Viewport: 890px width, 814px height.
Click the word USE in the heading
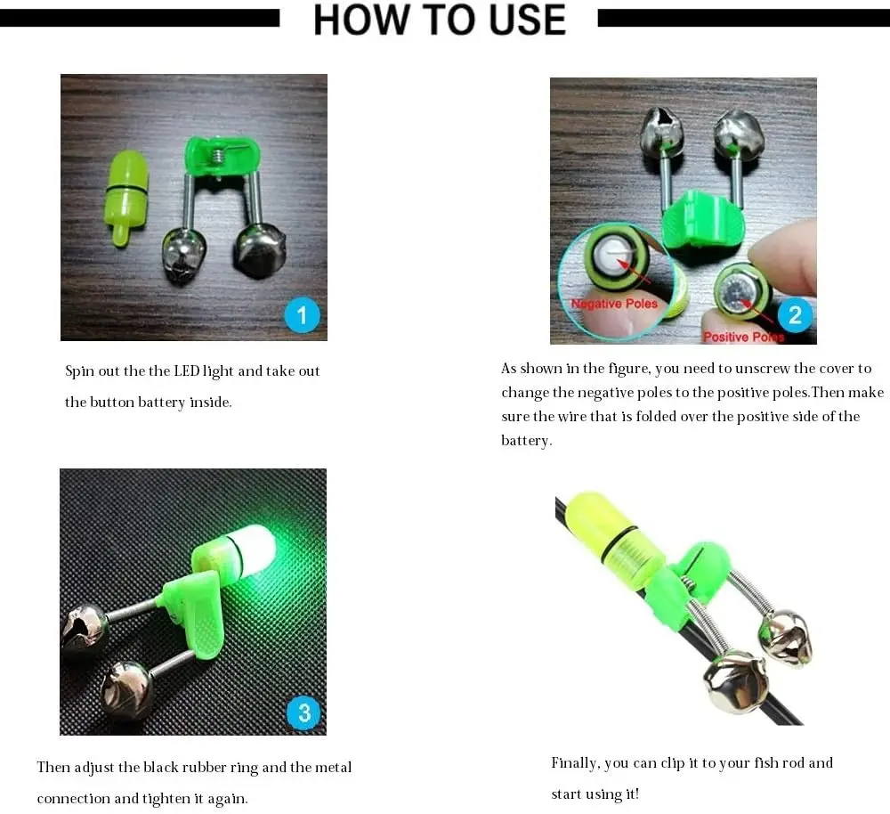click(x=527, y=20)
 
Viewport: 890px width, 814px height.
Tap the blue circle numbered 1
click(x=302, y=314)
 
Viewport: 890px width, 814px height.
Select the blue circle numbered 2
click(x=795, y=314)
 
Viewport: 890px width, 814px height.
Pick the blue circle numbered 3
click(x=304, y=712)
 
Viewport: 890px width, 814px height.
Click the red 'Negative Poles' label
click(x=614, y=304)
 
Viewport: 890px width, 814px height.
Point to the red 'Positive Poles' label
click(x=743, y=337)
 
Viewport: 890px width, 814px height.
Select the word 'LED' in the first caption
click(x=186, y=370)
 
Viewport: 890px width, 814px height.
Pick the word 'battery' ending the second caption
click(x=526, y=441)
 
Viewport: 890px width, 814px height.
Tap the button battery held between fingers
click(x=742, y=292)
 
